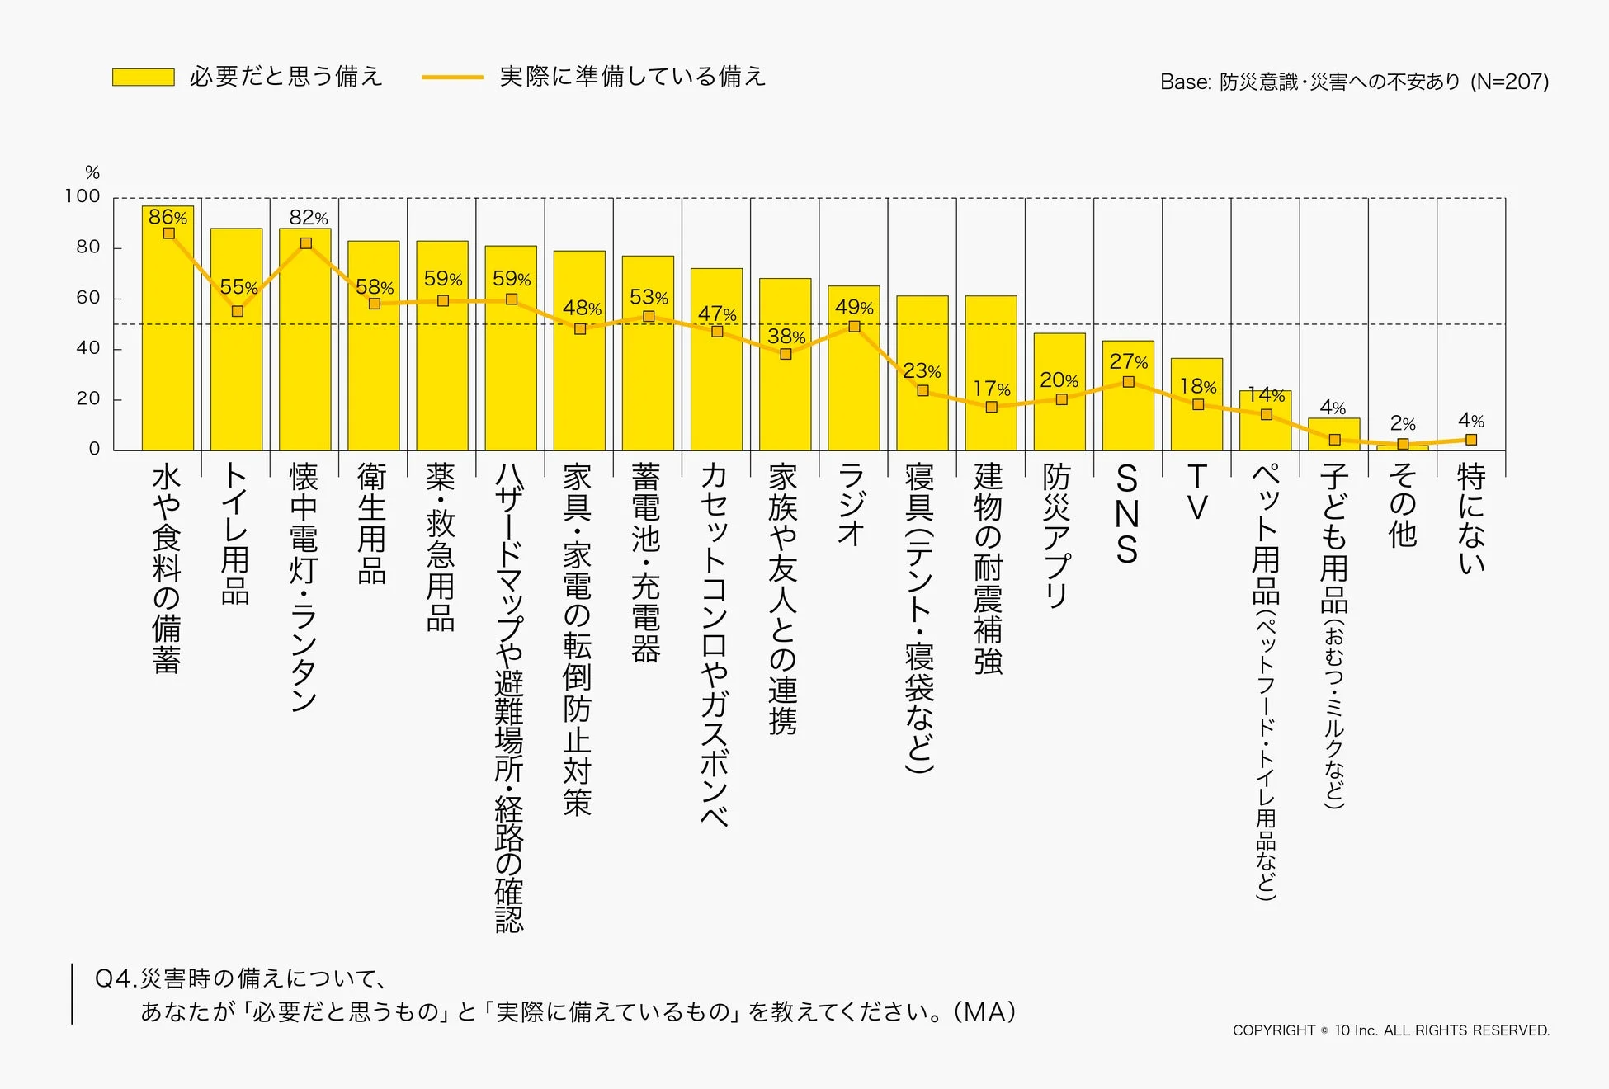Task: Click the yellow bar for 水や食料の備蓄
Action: coord(168,346)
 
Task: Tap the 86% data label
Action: coord(168,217)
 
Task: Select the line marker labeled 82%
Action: coord(306,243)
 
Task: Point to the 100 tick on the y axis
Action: coord(83,196)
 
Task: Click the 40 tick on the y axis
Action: coord(87,348)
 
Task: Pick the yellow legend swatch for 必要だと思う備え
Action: coord(144,78)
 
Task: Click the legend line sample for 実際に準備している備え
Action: coord(452,78)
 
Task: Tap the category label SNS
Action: coord(1127,513)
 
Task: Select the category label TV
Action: coord(1196,492)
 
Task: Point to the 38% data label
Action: coord(786,337)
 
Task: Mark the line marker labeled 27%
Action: coord(1128,382)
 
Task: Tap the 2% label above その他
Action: coord(1403,423)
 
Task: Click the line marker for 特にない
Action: coord(1471,440)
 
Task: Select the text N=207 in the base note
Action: coord(1510,82)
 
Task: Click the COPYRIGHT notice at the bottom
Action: coord(1390,1030)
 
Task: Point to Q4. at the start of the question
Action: coord(116,979)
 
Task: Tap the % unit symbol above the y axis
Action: coord(92,172)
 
